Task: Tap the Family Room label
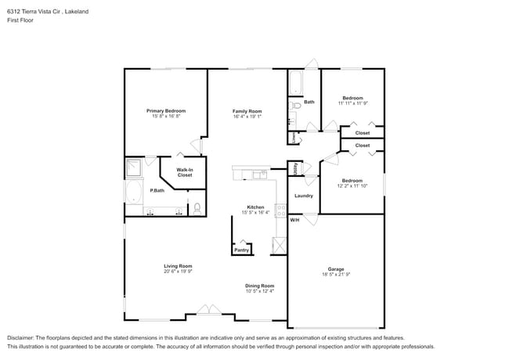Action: point(247,111)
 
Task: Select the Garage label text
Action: point(335,269)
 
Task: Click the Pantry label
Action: point(242,250)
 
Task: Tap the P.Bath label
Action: point(157,191)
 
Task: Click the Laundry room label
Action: point(303,196)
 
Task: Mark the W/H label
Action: point(294,220)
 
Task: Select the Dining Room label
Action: point(259,286)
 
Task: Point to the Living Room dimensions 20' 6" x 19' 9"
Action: point(178,272)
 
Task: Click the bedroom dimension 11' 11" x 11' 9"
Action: point(352,103)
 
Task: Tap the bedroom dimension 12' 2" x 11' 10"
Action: point(352,186)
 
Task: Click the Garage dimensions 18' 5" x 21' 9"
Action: point(335,275)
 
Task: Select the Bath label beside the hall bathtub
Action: point(309,102)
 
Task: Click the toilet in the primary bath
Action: point(197,208)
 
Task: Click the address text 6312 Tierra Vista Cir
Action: point(35,12)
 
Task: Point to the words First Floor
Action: point(20,20)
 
